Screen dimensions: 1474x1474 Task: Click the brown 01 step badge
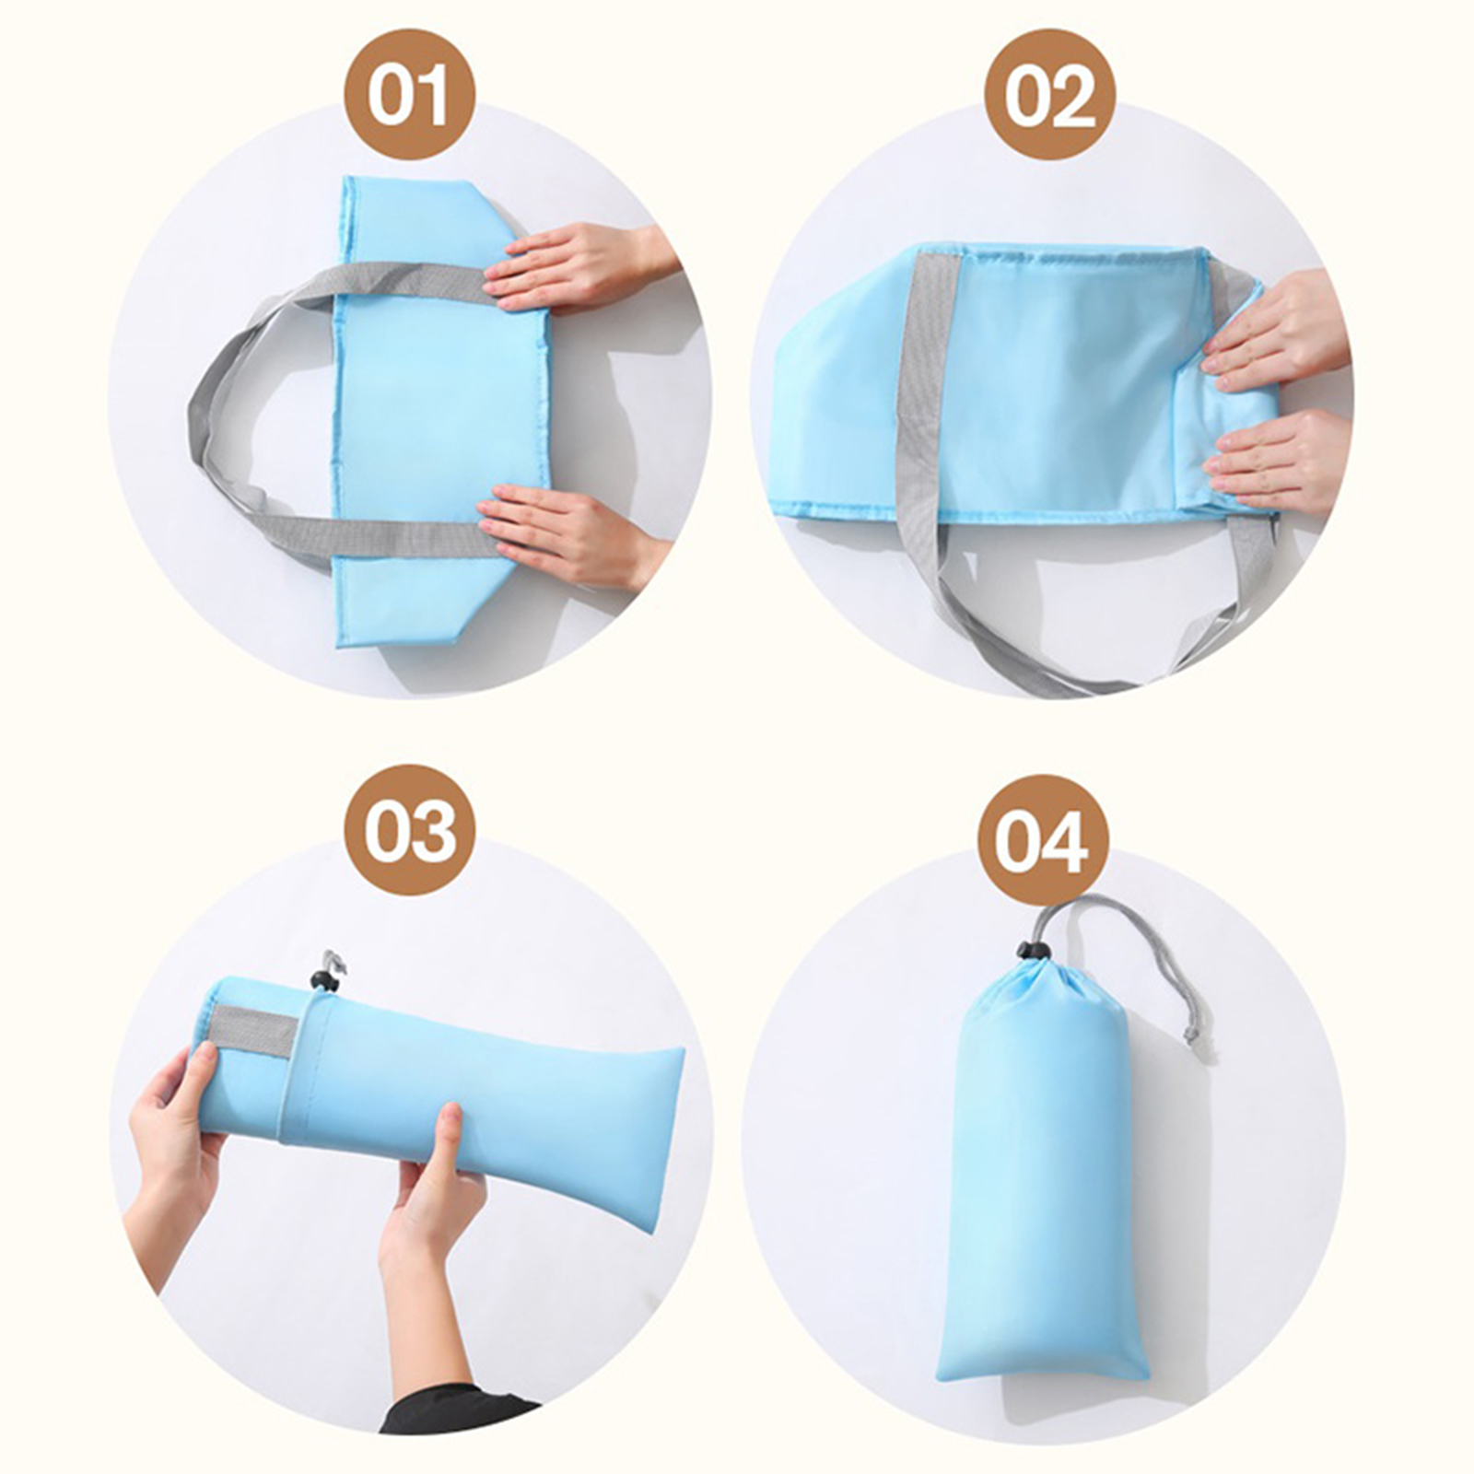tap(409, 96)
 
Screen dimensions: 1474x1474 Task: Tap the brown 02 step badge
tap(1049, 96)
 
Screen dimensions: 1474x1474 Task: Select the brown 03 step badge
tap(409, 830)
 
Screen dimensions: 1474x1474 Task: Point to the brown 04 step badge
tap(1042, 841)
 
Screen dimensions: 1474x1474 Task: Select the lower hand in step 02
tap(1281, 461)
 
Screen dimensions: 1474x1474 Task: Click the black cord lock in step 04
tap(1029, 949)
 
